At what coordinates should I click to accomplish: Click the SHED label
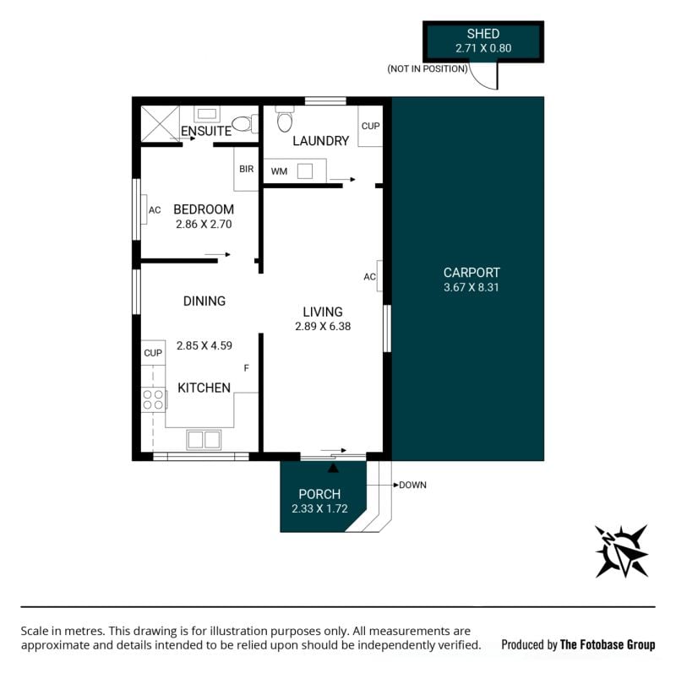point(482,34)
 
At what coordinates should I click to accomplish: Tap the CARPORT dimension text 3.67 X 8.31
point(472,287)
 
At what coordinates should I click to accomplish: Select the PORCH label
point(319,494)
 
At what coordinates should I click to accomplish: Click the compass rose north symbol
point(621,551)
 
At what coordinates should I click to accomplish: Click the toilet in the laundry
point(285,118)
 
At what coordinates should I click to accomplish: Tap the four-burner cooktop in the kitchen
point(154,399)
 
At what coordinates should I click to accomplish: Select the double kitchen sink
point(204,440)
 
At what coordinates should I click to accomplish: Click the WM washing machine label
point(279,171)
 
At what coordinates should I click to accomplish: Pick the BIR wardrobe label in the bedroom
point(246,169)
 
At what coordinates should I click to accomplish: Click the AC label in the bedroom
point(155,210)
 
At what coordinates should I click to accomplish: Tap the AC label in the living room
point(369,277)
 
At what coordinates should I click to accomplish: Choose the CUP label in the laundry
point(370,126)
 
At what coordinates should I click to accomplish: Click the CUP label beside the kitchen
point(153,353)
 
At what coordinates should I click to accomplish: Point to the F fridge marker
point(247,368)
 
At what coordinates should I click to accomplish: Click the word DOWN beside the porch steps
point(412,486)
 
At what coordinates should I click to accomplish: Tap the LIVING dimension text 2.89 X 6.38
point(323,327)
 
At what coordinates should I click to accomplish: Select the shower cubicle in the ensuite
point(160,123)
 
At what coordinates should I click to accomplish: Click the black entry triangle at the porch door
point(333,468)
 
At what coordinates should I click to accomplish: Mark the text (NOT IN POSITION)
point(428,69)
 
